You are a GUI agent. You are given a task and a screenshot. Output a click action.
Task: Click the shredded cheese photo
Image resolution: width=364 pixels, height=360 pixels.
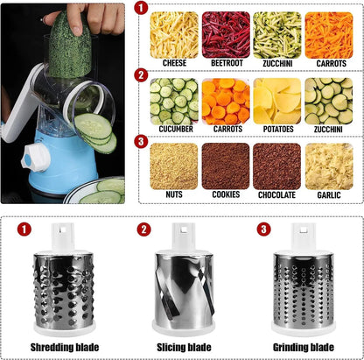[173, 34]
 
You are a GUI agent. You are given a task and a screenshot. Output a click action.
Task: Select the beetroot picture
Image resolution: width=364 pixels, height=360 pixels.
[226, 34]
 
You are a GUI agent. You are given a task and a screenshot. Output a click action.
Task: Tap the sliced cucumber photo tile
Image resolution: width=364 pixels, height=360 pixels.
[173, 100]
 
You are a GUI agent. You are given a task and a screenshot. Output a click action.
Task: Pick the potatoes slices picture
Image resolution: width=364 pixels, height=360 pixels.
[276, 100]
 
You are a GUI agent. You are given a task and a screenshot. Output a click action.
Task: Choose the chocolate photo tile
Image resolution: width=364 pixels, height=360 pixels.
[276, 166]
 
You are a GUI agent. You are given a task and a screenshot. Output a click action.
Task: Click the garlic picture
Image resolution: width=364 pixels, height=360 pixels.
[328, 166]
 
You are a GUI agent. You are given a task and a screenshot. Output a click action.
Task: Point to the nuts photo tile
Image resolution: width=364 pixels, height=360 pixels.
[173, 166]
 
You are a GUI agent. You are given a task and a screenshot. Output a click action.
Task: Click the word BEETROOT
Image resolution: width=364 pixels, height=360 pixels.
[226, 64]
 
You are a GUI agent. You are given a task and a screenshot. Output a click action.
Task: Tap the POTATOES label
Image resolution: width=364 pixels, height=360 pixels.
[276, 130]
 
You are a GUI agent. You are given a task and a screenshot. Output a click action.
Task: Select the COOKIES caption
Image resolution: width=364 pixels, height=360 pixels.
[226, 195]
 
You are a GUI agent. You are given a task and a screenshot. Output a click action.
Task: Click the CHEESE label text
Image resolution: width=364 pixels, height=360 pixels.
[173, 64]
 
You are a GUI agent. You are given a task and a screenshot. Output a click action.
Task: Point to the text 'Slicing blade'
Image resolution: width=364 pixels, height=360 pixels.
[181, 348]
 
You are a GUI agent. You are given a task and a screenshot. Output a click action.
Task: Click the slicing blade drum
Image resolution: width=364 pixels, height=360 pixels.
[182, 289]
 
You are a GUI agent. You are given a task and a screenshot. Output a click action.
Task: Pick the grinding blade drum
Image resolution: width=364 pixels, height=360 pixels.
[302, 289]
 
